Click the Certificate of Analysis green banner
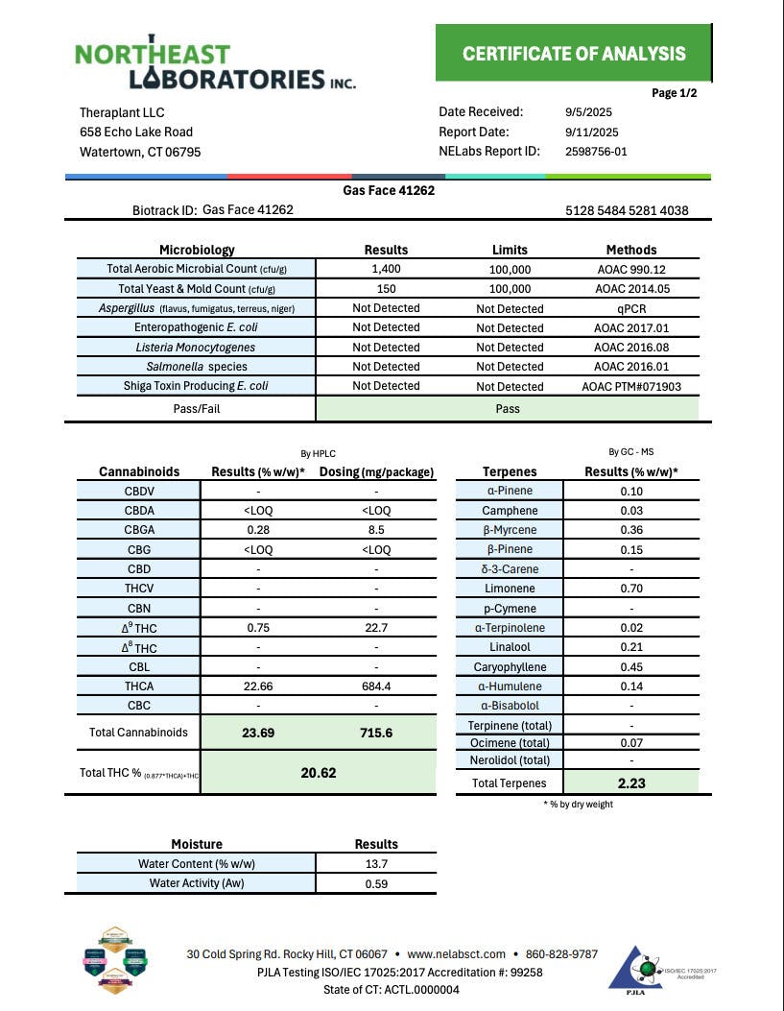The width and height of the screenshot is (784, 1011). pos(574,54)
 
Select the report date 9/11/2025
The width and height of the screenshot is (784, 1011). pos(592,132)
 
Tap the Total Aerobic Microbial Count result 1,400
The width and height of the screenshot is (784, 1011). pos(386,270)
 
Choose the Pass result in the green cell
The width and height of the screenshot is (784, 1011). pos(508,409)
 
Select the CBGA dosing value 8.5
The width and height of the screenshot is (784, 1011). pos(376,530)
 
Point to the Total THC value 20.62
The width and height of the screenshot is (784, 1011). pos(318,773)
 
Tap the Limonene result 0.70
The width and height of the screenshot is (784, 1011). pos(630,589)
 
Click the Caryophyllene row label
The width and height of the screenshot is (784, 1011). pos(510,667)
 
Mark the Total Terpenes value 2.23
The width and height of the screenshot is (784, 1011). pos(630,783)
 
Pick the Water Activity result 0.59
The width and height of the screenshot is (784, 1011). pos(376,884)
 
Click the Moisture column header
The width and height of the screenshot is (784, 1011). pos(196,844)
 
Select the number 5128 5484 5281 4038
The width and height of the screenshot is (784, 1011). pos(627,211)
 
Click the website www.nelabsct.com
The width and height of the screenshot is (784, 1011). pos(456,954)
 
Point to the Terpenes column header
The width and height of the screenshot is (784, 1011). pos(510,471)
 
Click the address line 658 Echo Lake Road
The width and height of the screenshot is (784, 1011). pos(136,132)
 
